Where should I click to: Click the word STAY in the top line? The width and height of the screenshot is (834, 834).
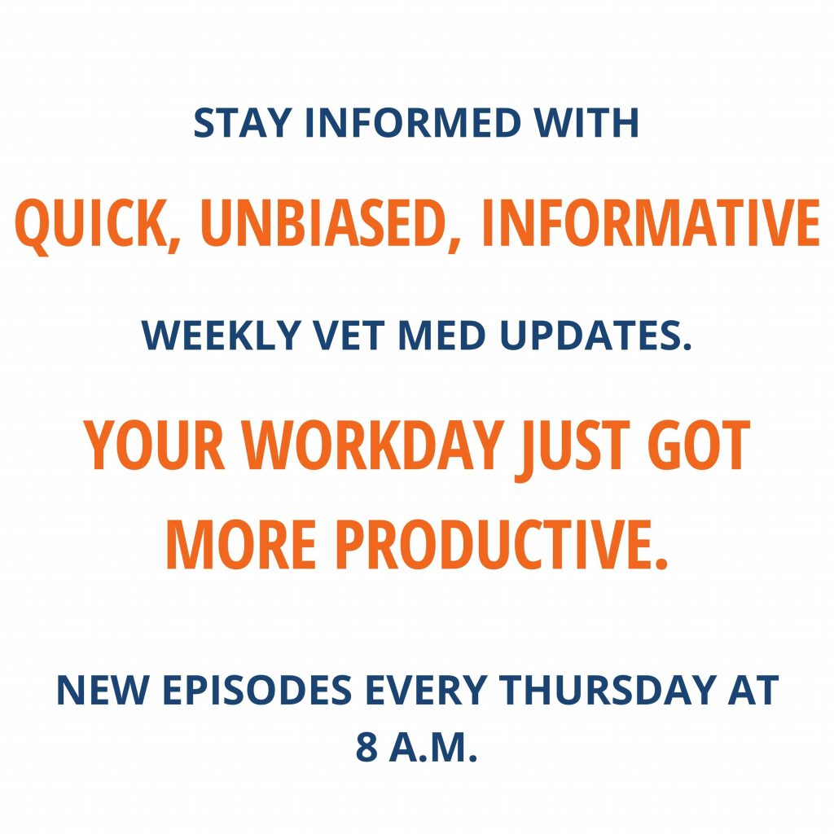(243, 123)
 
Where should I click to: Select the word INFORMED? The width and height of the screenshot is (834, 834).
(413, 123)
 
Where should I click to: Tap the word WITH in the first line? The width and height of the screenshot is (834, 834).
(586, 123)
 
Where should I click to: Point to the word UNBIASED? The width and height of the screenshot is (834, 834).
(331, 223)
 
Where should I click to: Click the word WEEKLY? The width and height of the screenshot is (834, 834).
(222, 335)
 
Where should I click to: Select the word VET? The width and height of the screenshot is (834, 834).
(349, 335)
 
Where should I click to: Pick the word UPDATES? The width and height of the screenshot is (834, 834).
(595, 335)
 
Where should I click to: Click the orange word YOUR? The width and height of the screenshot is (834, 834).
(154, 445)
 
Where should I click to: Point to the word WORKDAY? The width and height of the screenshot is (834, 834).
(373, 445)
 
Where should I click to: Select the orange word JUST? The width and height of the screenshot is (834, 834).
(573, 450)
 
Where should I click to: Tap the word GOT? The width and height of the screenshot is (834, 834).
(699, 445)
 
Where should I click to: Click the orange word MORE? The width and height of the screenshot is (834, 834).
(242, 544)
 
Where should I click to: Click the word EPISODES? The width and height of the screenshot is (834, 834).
(257, 690)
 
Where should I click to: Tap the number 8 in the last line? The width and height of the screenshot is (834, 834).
(367, 747)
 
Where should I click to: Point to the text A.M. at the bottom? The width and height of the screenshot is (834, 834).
(433, 747)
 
